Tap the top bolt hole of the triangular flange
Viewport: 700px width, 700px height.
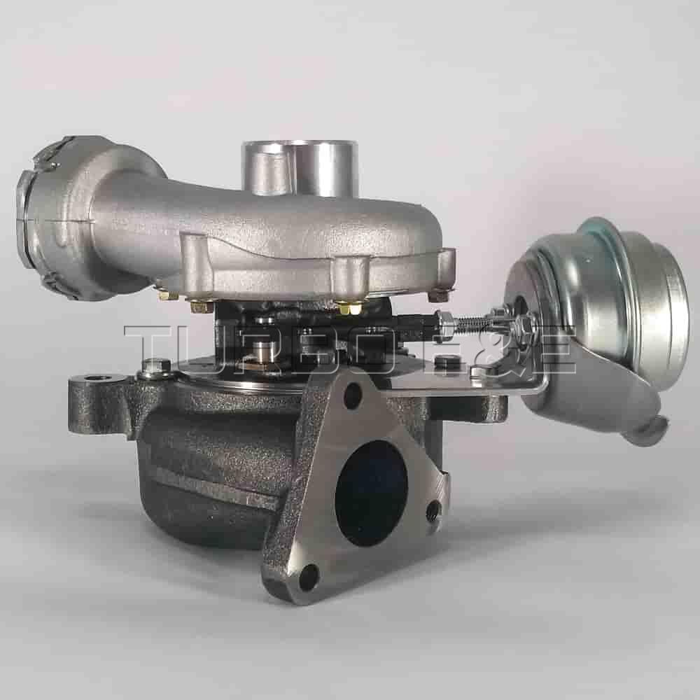pyautogui.click(x=353, y=395)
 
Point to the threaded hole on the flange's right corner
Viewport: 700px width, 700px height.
pyautogui.click(x=434, y=510)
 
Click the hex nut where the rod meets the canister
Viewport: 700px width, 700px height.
pyautogui.click(x=523, y=325)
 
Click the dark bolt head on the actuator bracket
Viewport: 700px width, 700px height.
pyautogui.click(x=444, y=362)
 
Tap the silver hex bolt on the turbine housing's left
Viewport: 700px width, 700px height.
pyautogui.click(x=155, y=365)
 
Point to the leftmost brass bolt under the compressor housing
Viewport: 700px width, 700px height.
pyautogui.click(x=167, y=295)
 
